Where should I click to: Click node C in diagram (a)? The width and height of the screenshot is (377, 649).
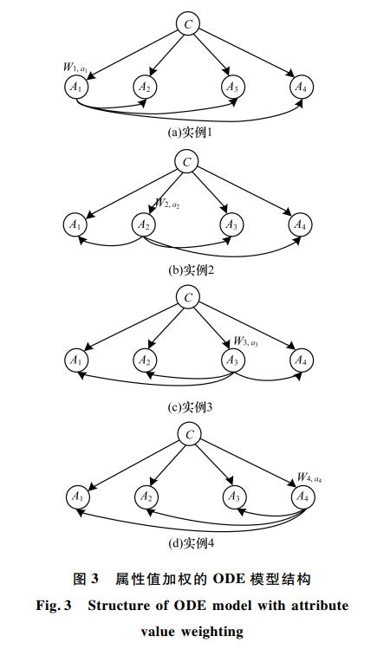[188, 24]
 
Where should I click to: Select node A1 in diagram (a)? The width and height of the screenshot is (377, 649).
[76, 87]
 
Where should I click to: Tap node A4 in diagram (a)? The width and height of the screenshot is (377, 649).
[302, 87]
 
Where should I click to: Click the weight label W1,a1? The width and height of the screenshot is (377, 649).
[75, 68]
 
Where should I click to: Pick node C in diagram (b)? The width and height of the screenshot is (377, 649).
[186, 162]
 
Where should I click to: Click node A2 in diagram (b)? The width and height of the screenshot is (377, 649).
[144, 224]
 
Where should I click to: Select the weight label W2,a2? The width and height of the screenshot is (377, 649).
[167, 203]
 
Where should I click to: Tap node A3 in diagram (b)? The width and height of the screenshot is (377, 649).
[231, 224]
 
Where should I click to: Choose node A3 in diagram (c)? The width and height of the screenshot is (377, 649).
[232, 360]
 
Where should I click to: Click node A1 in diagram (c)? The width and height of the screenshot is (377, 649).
[76, 360]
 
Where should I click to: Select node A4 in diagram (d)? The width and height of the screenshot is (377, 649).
[302, 496]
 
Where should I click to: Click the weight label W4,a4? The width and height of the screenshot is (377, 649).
[309, 477]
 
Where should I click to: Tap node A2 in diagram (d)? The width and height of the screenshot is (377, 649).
[146, 496]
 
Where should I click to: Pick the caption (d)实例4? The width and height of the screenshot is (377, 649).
[191, 542]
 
